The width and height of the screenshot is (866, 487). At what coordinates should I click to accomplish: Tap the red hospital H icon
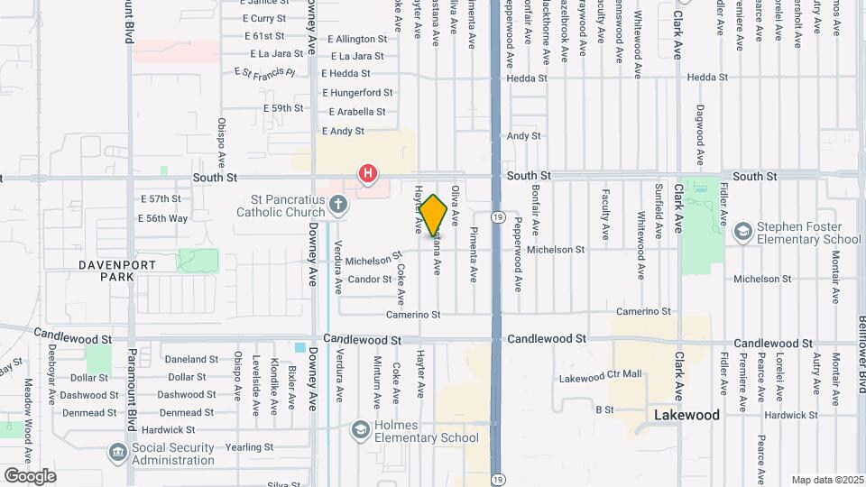(x=367, y=172)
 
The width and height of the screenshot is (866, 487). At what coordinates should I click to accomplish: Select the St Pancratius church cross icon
(x=338, y=206)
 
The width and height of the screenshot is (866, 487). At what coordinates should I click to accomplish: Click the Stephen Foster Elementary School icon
(x=742, y=232)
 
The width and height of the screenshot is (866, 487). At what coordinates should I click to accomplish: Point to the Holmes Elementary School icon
(x=360, y=429)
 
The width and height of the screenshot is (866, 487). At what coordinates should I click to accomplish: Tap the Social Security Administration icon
(x=117, y=451)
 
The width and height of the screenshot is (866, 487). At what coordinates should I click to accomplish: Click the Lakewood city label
(x=686, y=415)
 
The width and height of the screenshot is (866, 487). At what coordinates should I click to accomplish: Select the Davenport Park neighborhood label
(x=117, y=271)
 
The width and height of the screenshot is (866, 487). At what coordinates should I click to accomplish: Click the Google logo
(x=30, y=475)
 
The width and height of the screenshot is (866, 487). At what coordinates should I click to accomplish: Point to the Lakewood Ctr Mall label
(x=600, y=375)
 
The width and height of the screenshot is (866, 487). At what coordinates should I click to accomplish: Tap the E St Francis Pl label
(x=264, y=72)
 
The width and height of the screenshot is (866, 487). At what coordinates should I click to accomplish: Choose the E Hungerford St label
(x=357, y=92)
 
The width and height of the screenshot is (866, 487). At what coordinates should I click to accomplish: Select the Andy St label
(x=523, y=136)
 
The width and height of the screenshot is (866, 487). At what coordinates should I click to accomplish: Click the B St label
(x=604, y=409)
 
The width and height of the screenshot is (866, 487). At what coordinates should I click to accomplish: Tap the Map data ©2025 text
(x=825, y=480)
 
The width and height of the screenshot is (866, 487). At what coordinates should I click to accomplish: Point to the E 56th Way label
(x=162, y=218)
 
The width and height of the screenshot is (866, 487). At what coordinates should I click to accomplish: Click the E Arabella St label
(x=356, y=112)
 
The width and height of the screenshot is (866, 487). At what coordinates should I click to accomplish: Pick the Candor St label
(x=368, y=280)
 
